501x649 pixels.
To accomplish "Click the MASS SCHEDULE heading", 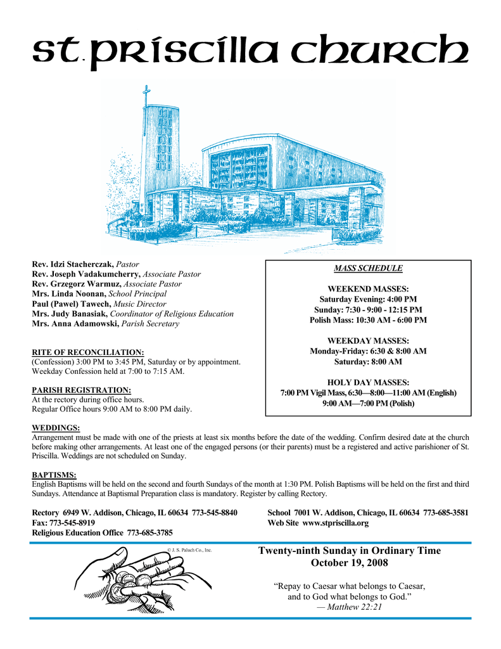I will tap(368, 268).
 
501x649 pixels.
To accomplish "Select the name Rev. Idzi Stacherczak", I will tap(73, 264).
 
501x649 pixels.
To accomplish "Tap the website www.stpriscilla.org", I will tap(335, 524).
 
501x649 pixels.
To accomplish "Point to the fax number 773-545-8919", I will tap(73, 524).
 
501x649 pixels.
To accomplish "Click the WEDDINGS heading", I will tap(56, 428).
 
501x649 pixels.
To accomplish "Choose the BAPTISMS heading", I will tap(54, 475).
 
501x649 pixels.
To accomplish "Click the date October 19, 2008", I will tap(350, 563).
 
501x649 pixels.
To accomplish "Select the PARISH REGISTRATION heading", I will tap(82, 390).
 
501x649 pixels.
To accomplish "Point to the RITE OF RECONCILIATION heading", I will tap(88, 352).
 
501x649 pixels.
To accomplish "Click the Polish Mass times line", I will tap(368, 320).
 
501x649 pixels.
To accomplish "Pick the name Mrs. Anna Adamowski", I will tap(75, 323).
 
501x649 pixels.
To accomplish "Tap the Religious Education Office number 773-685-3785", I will tap(150, 534).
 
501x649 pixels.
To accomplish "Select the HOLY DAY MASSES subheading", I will tap(368, 382).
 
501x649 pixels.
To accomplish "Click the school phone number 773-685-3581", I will tap(446, 513).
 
